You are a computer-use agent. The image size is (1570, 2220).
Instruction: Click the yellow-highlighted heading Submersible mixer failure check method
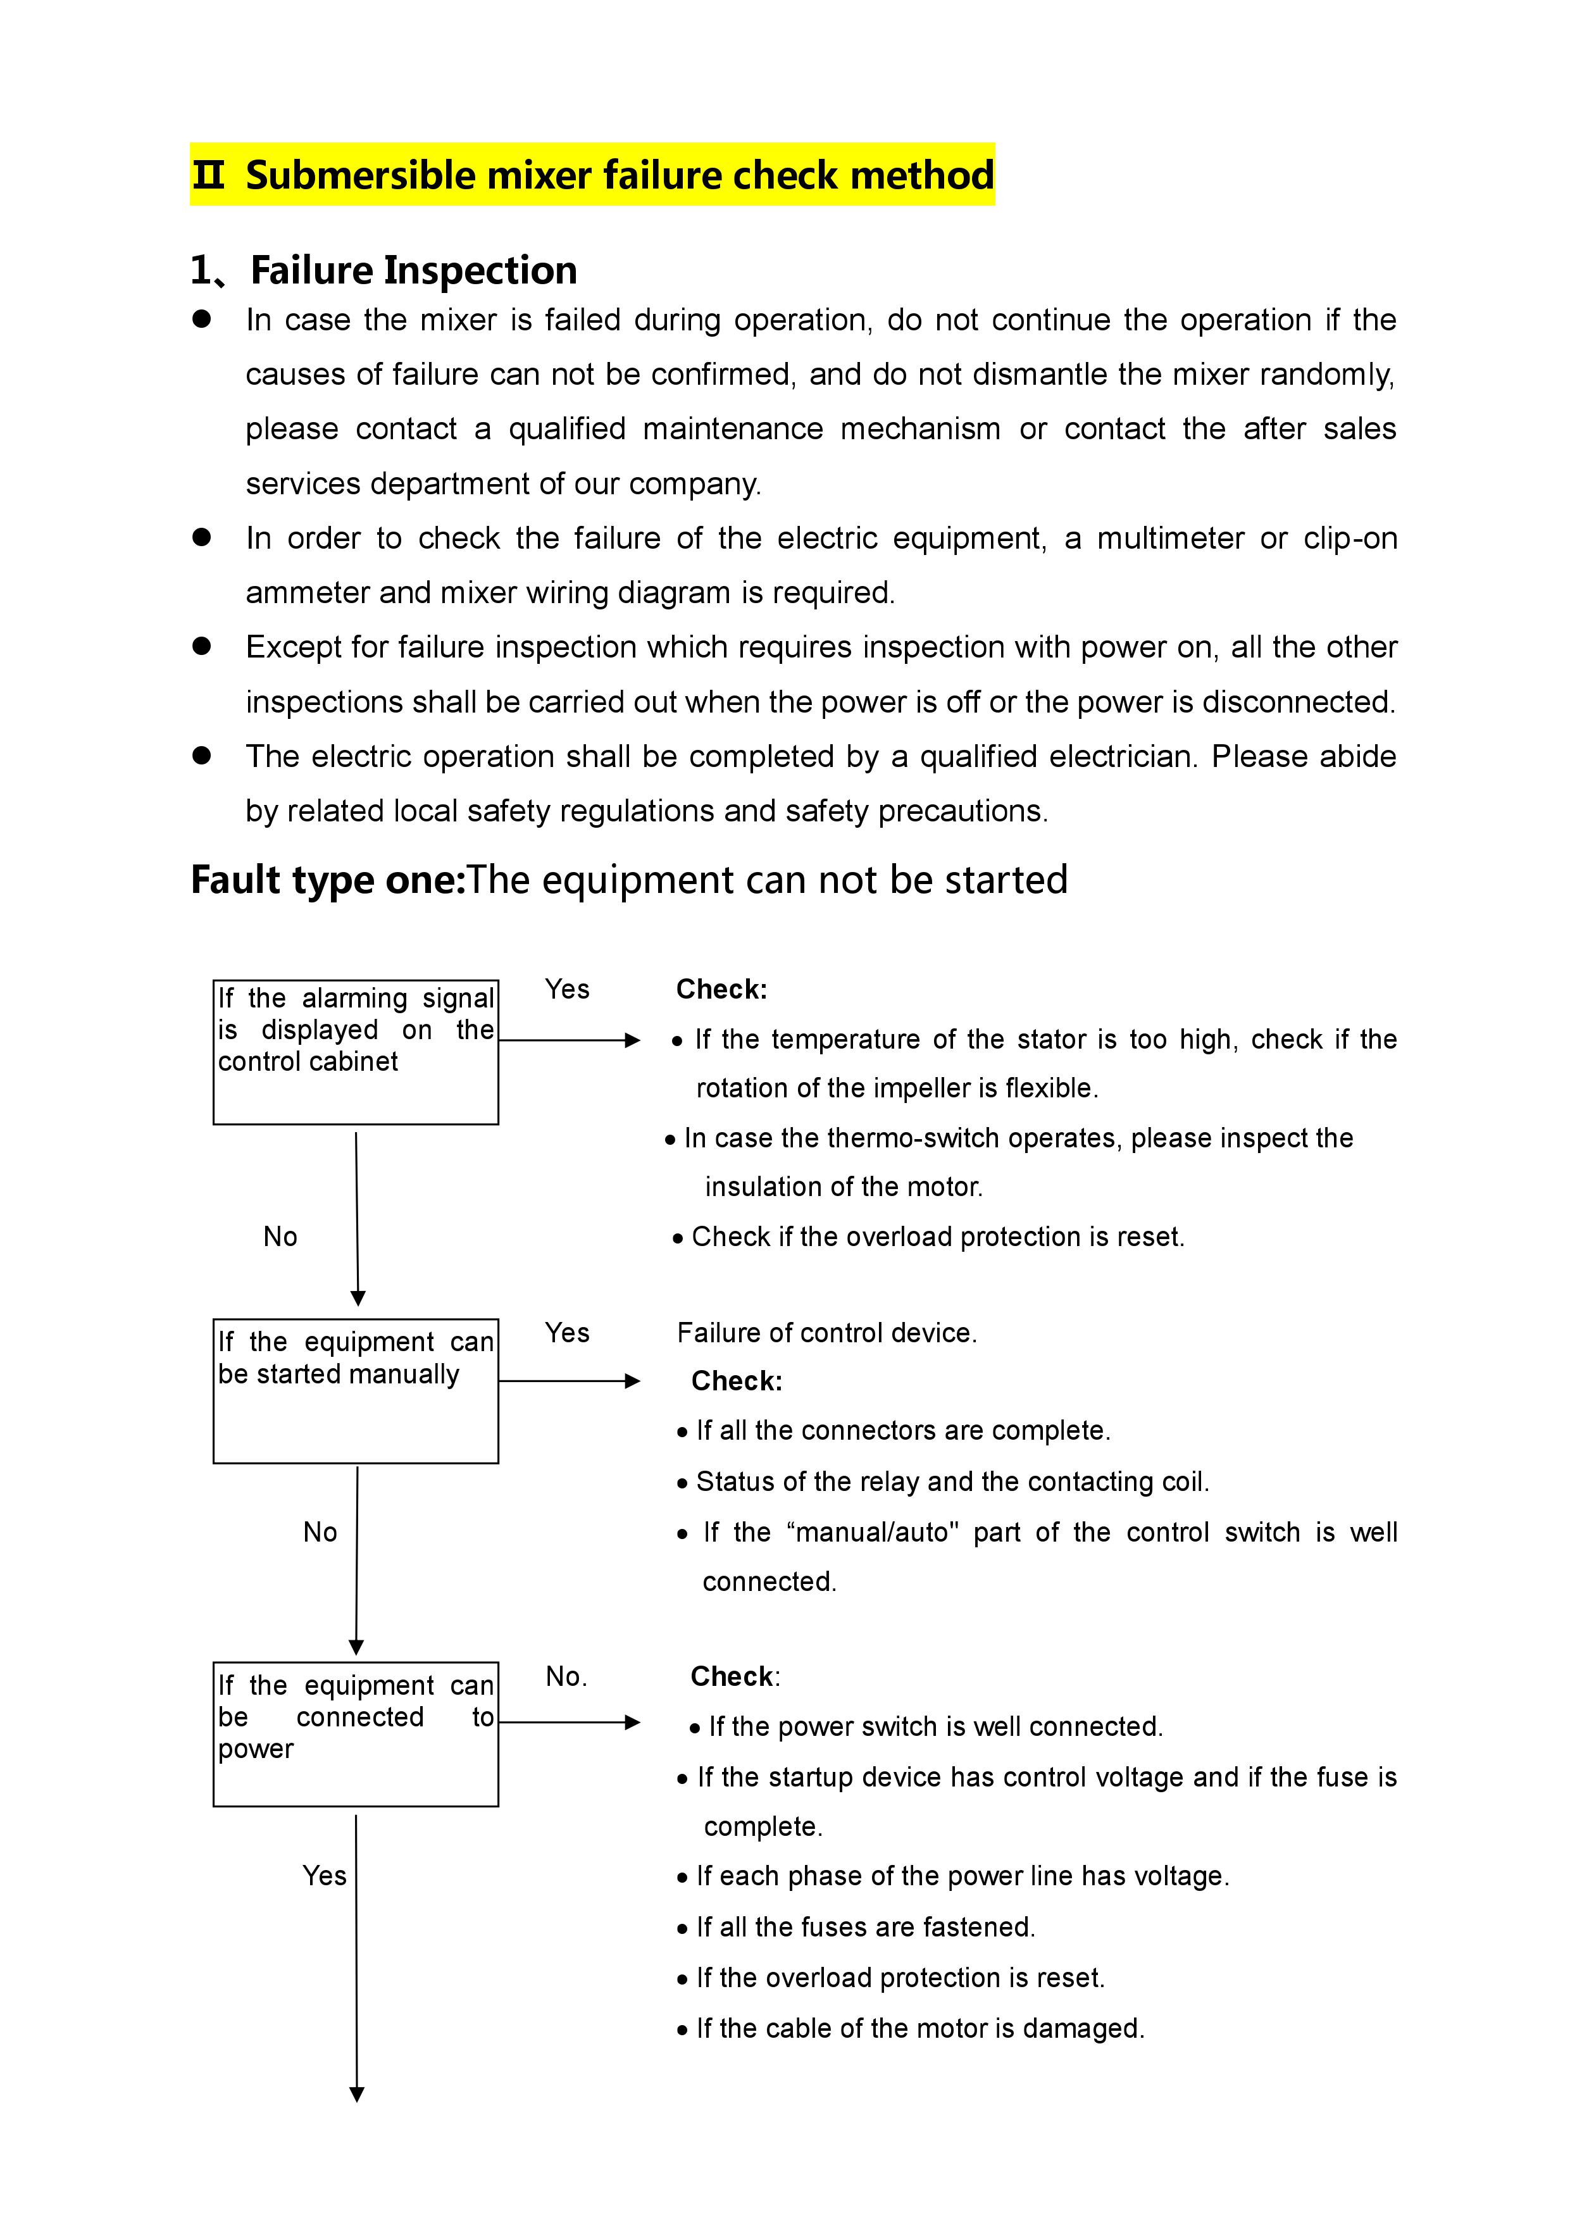click(x=592, y=175)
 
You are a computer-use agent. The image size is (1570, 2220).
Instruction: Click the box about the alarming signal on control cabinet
click(x=356, y=1052)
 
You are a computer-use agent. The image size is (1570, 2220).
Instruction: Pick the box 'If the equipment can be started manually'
click(x=356, y=1390)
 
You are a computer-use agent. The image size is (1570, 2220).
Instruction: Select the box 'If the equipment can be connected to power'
click(x=356, y=1733)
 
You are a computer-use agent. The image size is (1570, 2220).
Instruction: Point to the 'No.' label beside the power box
click(x=566, y=1676)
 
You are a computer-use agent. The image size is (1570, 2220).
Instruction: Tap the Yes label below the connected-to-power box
click(x=324, y=1876)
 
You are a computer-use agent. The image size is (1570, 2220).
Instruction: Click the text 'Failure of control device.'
click(x=826, y=1333)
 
